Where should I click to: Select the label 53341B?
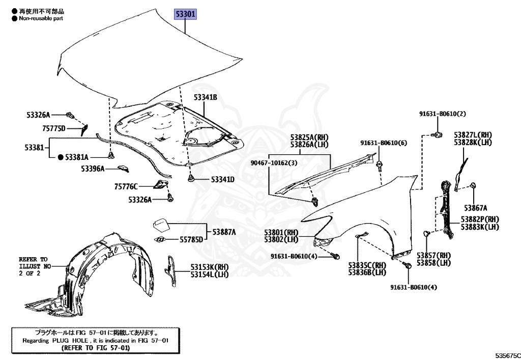pos(205,97)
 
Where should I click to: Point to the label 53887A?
pos(224,232)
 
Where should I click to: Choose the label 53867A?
pos(475,208)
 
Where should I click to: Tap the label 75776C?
pos(126,187)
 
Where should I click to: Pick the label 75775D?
pos(53,128)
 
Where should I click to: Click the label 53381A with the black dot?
pos(75,157)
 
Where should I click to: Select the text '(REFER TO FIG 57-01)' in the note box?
pos(96,347)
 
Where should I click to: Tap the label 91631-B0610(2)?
pos(443,114)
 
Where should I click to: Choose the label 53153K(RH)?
pos(210,267)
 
